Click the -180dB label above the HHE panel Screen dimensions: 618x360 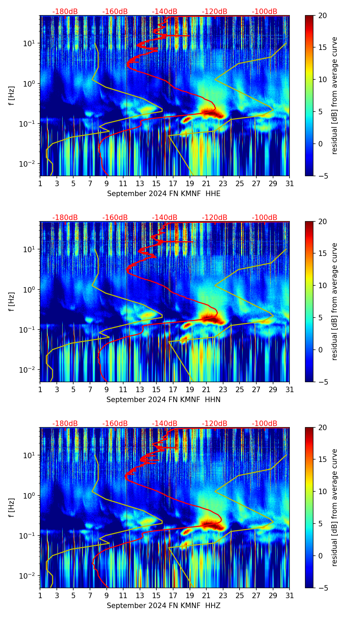click(x=65, y=12)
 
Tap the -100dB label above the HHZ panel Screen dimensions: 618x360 click(x=265, y=424)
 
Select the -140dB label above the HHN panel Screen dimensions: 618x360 click(x=165, y=218)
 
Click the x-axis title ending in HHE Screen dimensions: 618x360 click(x=164, y=194)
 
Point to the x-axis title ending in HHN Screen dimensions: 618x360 click(x=163, y=400)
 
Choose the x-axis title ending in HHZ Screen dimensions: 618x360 click(x=163, y=606)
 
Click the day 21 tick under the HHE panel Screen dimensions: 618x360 click(x=206, y=184)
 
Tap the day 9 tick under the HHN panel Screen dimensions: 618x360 click(x=106, y=390)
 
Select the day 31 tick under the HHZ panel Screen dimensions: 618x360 click(x=290, y=596)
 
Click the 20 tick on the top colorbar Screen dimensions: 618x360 click(x=322, y=16)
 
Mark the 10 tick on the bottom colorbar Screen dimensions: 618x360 click(x=322, y=491)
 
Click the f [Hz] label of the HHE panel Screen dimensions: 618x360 click(x=12, y=96)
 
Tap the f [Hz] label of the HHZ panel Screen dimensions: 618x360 click(x=12, y=508)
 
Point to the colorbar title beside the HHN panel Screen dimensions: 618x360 click(x=334, y=301)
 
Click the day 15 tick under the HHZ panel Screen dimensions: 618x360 click(x=156, y=596)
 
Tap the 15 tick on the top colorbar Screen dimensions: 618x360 click(x=322, y=48)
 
